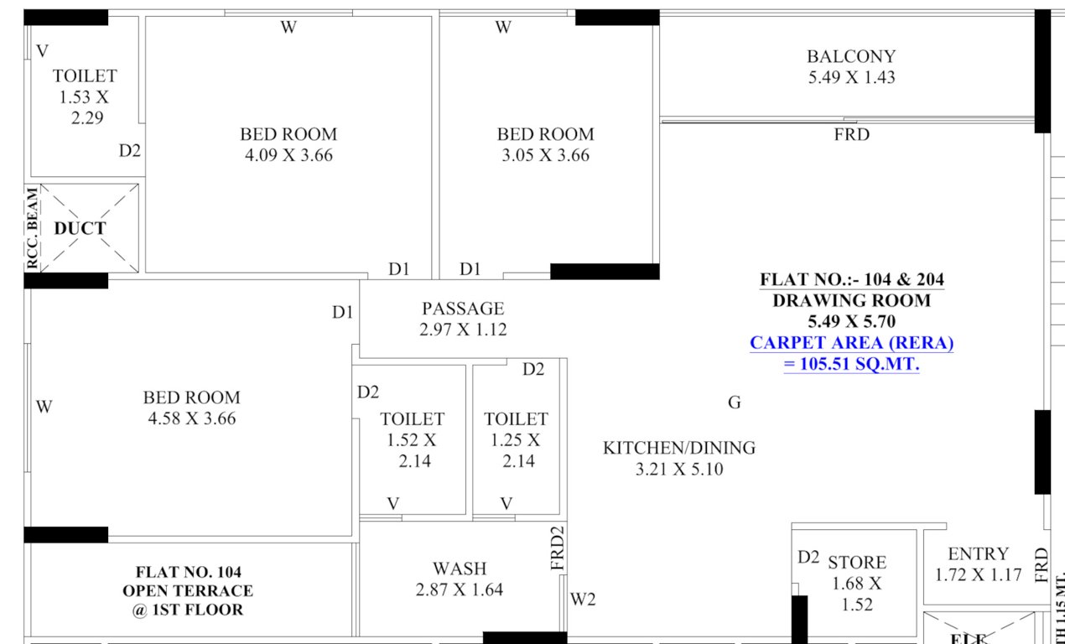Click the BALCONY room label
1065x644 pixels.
pos(851,56)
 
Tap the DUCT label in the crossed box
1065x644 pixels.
pos(81,228)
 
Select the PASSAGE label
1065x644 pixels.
pos(463,309)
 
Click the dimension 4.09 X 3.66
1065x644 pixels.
pos(288,155)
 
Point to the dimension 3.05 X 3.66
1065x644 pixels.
pos(545,155)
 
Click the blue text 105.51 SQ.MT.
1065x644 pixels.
pos(851,365)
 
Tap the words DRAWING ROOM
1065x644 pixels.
pos(851,300)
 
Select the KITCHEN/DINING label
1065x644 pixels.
pos(679,448)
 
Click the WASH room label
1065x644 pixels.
pos(460,569)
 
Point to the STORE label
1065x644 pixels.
pos(857,562)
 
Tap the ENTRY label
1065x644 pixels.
pos(979,553)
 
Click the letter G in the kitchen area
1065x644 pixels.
pos(735,403)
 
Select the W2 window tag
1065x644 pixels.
pos(583,600)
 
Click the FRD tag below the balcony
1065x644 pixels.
pos(851,134)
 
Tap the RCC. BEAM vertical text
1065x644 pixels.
pos(32,229)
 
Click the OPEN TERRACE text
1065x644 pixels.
pos(188,591)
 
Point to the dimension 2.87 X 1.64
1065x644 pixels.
pos(460,590)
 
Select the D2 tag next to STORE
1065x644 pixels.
pos(808,557)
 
